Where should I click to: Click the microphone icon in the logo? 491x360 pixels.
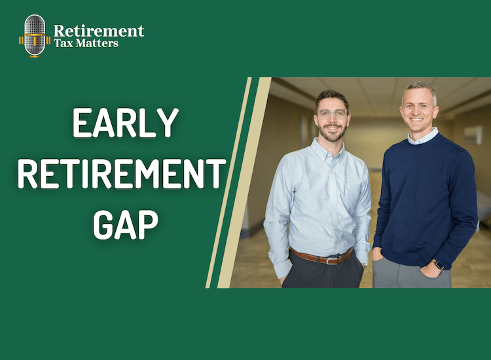[x=34, y=35]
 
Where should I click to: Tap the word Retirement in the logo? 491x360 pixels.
[x=99, y=30]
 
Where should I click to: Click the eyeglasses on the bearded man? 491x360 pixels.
[x=331, y=113]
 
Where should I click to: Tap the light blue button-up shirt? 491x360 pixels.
[x=321, y=196]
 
